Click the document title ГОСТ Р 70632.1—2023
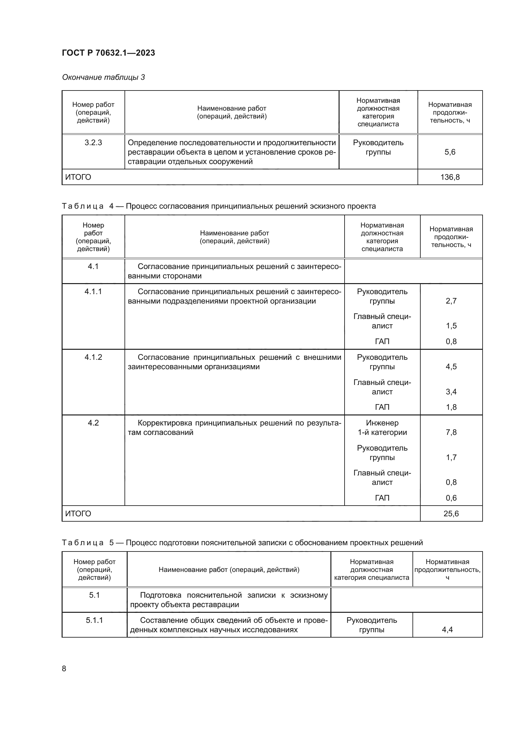(108, 53)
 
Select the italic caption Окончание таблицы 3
(103, 77)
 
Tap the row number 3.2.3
(93, 143)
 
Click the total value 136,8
(450, 177)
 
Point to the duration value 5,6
(450, 152)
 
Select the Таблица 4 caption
(219, 206)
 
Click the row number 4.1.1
(93, 292)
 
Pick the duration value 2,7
(451, 301)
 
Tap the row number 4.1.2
(93, 357)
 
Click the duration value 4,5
(451, 366)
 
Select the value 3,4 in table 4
(451, 392)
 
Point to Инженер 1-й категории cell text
(382, 428)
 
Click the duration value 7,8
(451, 432)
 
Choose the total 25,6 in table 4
(451, 513)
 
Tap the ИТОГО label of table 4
(78, 513)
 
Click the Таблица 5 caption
(242, 543)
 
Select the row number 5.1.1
(94, 620)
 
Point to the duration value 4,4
(447, 629)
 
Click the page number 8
(64, 668)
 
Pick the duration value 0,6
(451, 498)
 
